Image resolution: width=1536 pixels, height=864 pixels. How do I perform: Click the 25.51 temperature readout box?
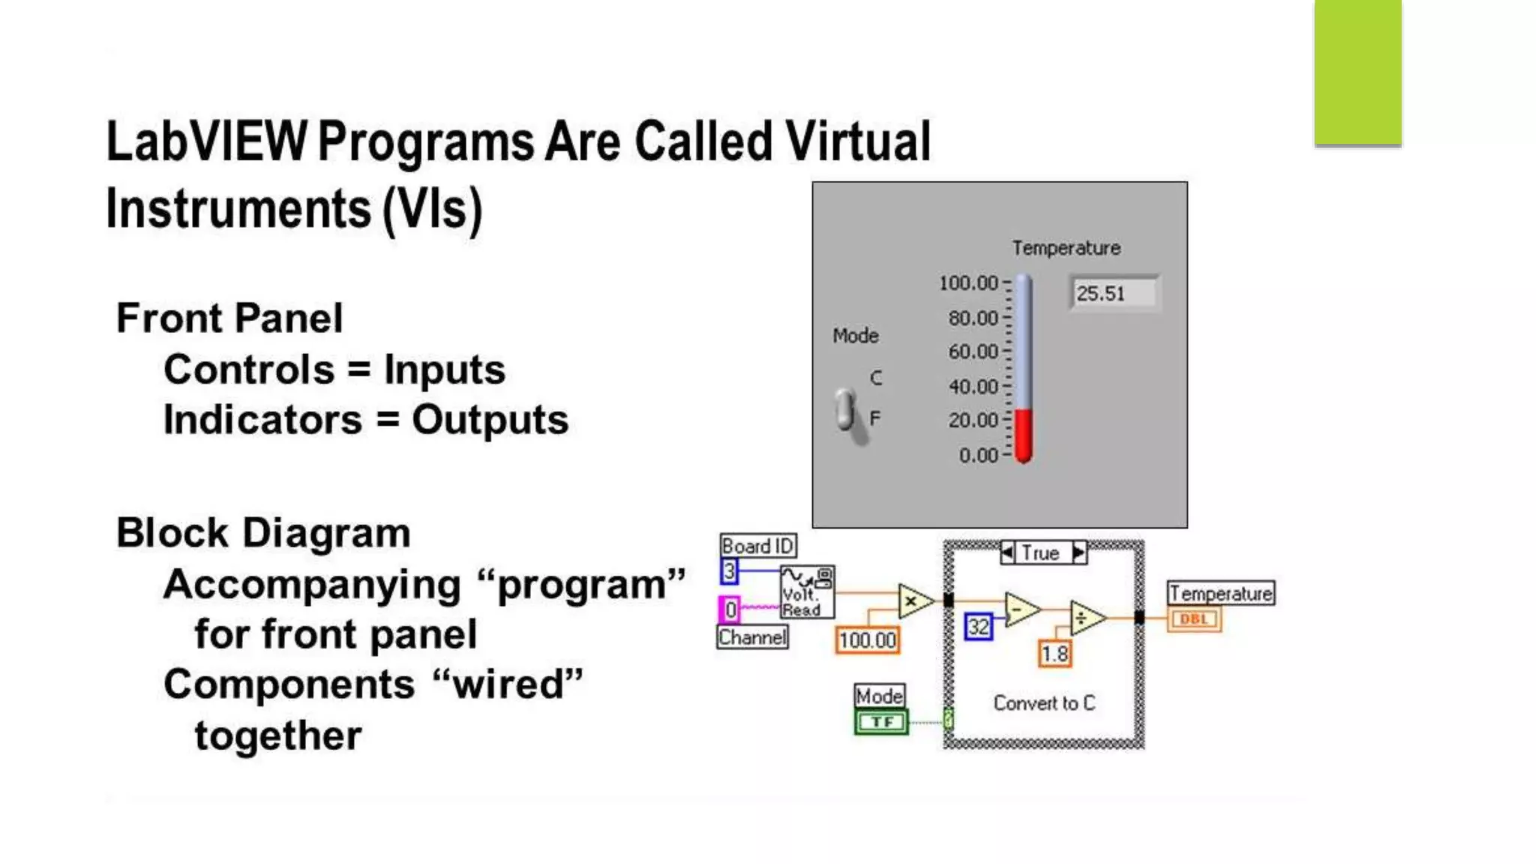1114,293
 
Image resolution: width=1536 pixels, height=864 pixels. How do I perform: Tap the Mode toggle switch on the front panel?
847,411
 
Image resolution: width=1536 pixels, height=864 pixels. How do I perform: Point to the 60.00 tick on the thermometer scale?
973,352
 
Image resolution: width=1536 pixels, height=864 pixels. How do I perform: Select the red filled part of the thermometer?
1024,435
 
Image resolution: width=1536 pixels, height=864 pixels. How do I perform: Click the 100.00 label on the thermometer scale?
968,283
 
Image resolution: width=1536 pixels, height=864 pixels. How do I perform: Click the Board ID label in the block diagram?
757,546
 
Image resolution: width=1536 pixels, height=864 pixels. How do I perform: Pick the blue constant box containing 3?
729,571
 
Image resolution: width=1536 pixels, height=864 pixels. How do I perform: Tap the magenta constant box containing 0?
729,610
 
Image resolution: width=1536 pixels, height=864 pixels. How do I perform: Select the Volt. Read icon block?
807,592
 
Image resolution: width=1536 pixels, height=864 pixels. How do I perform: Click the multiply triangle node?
913,601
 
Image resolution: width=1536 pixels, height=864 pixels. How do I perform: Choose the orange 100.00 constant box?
868,640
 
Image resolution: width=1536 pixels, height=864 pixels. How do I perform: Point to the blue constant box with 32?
978,627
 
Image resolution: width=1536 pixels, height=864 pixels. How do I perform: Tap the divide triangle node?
1085,618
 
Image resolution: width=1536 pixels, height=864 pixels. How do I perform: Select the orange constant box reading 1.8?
1055,654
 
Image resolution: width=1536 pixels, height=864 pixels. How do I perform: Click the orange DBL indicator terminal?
1194,619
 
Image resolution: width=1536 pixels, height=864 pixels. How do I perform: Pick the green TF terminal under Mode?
881,722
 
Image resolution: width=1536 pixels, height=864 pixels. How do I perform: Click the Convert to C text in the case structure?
1044,703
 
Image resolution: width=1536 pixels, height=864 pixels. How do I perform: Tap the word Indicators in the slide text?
262,420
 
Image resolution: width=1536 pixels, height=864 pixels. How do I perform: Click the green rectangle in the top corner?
1357,72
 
